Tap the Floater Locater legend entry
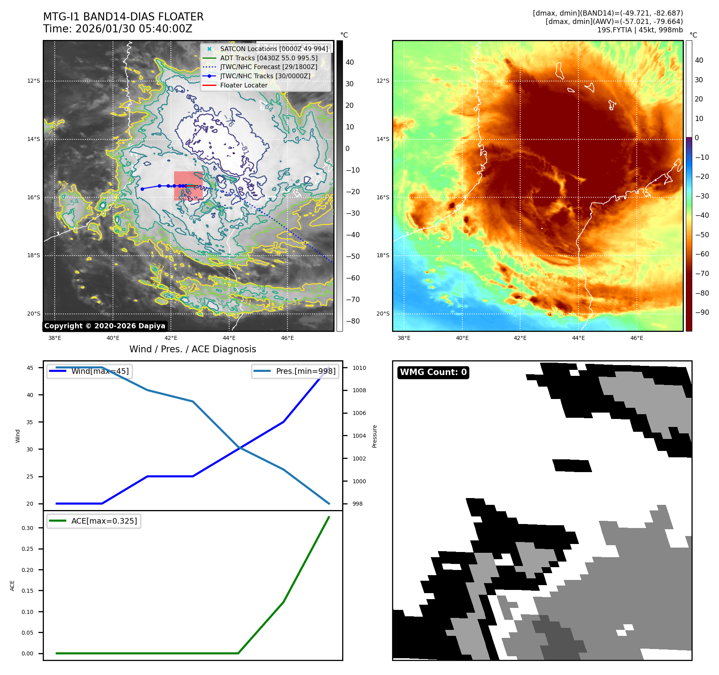[244, 85]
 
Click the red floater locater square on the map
[188, 186]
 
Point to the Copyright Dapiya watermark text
[105, 326]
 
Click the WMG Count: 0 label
[433, 372]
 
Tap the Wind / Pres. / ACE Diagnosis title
[192, 349]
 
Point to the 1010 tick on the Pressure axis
[359, 368]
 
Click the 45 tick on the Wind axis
[30, 368]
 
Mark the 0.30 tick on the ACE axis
[28, 528]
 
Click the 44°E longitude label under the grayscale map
[229, 338]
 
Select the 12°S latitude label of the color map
[382, 81]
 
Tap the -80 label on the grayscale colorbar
[353, 321]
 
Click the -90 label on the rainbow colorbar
[702, 312]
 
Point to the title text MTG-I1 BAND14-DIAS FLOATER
[123, 17]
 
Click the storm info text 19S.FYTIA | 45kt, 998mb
[640, 30]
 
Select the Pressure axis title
[374, 436]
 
